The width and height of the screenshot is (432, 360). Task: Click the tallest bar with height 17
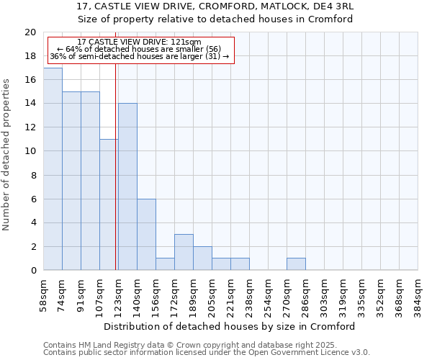coord(53,169)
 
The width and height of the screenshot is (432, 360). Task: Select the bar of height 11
coord(109,204)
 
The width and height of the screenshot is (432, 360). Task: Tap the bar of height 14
coord(127,186)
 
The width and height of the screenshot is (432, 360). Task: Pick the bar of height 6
coord(146,234)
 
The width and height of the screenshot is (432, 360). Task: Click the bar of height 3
coord(184,252)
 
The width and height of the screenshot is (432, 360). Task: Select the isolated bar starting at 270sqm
coord(296,264)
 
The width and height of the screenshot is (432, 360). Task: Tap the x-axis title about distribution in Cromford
coord(230,326)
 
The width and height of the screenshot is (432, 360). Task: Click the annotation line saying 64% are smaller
coord(139,49)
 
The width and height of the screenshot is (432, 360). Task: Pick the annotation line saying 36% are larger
coord(139,56)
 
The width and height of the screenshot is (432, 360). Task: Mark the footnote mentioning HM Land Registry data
coord(195,346)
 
